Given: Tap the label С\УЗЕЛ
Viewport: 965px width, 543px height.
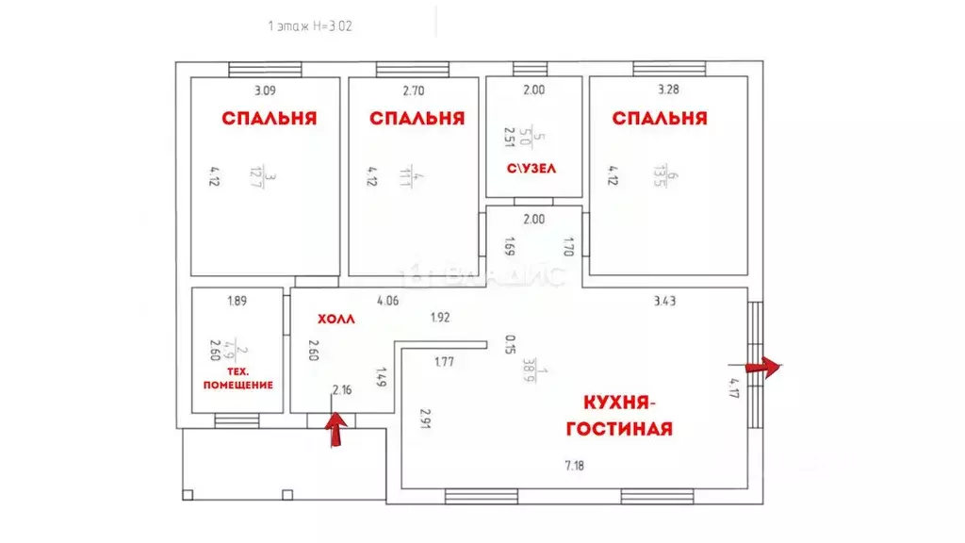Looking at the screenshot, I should (x=532, y=169).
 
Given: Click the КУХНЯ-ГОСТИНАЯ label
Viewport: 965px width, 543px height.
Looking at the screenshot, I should (x=618, y=416).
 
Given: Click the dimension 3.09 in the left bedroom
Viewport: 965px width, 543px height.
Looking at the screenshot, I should (x=265, y=91).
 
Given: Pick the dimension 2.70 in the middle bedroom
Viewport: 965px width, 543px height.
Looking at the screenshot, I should (x=414, y=91).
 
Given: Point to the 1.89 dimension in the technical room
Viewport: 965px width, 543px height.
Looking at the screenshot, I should (x=237, y=301).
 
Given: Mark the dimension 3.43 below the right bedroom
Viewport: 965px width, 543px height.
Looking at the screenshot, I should (x=666, y=301).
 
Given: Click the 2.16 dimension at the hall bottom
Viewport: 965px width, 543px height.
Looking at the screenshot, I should (x=342, y=389).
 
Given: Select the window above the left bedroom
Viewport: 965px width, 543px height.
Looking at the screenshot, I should (x=265, y=69).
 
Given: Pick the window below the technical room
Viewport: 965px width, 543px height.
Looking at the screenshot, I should (x=237, y=421).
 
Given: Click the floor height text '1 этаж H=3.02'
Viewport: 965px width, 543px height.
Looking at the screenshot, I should (x=310, y=26).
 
